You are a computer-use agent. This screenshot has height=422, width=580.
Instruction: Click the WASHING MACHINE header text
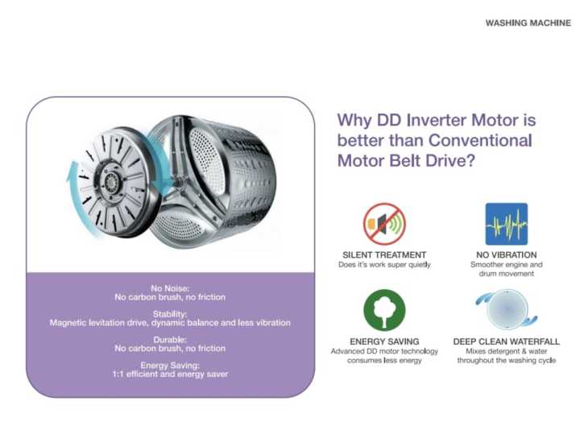click(x=528, y=23)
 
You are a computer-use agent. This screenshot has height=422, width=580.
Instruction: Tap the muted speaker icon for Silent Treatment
click(x=384, y=224)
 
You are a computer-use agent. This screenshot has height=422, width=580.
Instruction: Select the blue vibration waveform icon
click(x=506, y=224)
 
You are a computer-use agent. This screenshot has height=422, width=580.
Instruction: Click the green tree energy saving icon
click(x=384, y=310)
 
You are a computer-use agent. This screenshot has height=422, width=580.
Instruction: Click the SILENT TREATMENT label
click(x=384, y=254)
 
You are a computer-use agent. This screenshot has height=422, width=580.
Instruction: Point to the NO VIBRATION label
click(x=506, y=254)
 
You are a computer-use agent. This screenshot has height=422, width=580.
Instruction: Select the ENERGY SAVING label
click(x=384, y=341)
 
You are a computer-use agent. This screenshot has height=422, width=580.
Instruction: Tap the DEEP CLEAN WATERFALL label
click(x=506, y=341)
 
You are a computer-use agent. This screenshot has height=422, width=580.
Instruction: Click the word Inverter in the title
click(x=439, y=121)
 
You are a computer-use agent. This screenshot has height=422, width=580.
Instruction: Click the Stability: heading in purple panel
click(x=170, y=313)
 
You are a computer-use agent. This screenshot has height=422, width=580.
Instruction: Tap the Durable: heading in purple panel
click(x=170, y=340)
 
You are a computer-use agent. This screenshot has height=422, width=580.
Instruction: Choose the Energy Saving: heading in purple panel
click(x=170, y=365)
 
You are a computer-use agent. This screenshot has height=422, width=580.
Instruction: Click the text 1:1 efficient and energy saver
click(x=170, y=374)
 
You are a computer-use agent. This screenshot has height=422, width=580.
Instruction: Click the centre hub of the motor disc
click(x=110, y=174)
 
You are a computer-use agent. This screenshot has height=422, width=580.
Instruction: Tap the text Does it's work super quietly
click(x=384, y=264)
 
